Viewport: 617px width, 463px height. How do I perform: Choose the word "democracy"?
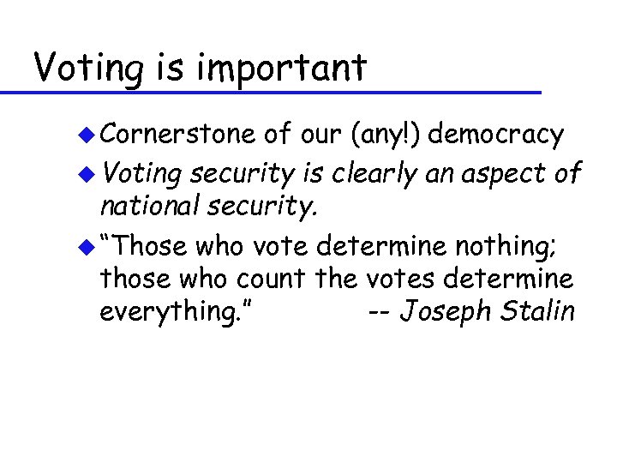pos(496,135)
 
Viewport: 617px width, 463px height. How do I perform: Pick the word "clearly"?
pos(375,174)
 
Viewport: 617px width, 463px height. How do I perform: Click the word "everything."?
pos(177,310)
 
